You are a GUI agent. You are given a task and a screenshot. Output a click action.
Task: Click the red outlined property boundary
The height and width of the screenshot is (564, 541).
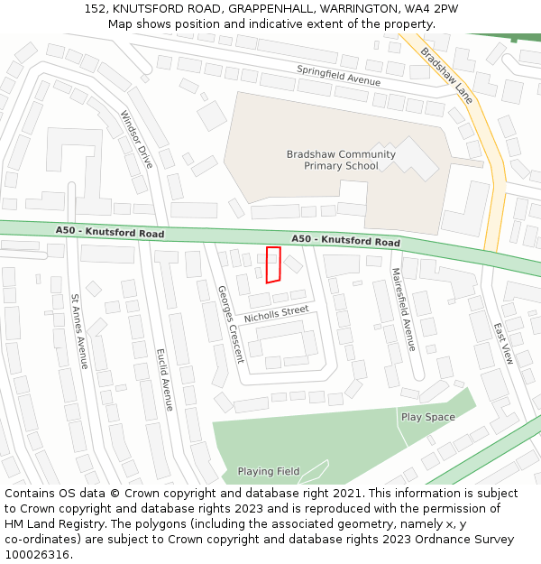tap(273, 264)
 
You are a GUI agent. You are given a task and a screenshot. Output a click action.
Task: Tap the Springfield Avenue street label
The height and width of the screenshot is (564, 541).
tap(339, 75)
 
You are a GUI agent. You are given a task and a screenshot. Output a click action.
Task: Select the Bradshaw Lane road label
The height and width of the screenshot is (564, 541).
tap(447, 75)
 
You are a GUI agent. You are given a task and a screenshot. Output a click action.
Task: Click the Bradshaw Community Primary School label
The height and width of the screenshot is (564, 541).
tap(341, 160)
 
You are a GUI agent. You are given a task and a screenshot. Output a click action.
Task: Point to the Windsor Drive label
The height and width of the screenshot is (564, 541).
tap(137, 139)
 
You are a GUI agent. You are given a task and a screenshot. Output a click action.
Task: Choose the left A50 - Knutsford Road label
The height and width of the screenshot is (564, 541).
tap(110, 232)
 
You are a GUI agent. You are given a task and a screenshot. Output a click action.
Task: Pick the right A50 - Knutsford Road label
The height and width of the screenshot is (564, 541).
tap(345, 241)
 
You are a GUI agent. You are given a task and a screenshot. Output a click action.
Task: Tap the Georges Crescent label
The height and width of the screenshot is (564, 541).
tap(230, 324)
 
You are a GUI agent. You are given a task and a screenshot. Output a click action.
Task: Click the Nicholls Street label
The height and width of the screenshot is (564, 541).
tap(276, 314)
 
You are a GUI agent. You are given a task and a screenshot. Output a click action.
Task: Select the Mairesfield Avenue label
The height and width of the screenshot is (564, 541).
tap(403, 309)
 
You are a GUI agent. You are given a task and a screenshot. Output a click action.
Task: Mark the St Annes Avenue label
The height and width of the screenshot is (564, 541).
tap(79, 330)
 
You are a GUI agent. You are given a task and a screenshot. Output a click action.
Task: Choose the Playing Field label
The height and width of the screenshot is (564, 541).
tap(269, 471)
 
